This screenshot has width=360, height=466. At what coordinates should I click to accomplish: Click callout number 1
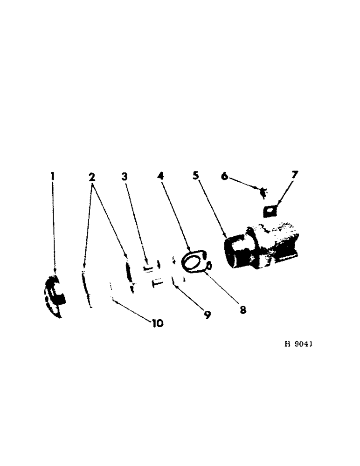pos(53,176)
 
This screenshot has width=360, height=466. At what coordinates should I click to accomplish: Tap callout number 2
pos(92,176)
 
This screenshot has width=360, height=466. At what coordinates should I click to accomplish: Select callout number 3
pos(124,176)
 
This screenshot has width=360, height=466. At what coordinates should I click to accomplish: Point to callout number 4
pos(161,176)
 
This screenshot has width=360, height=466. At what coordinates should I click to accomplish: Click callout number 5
pos(196,176)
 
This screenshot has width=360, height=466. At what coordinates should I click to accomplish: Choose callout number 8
pos(243,308)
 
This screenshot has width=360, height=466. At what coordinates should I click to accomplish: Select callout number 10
pos(157,323)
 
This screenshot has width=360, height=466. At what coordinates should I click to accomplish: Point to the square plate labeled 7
pos(270,210)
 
